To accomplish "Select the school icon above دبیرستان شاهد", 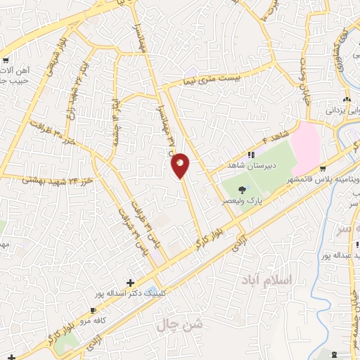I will point(250,155).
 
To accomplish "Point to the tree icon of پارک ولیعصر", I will point(242,189).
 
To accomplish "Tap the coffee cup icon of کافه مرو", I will point(93,310).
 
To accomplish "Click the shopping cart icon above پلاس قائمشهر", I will point(323,169).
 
